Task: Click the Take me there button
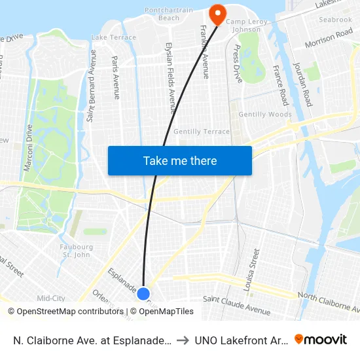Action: click(x=180, y=160)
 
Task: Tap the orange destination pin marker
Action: click(x=217, y=13)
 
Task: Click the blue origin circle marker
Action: click(x=144, y=294)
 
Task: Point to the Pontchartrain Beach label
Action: click(x=170, y=14)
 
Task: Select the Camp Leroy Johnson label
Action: click(x=243, y=26)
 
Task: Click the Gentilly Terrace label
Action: click(x=202, y=132)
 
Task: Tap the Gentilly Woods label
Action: click(x=265, y=115)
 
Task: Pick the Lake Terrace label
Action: click(x=114, y=38)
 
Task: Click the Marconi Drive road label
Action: click(x=28, y=149)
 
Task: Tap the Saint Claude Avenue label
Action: click(x=236, y=304)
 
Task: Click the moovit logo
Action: click(x=321, y=339)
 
